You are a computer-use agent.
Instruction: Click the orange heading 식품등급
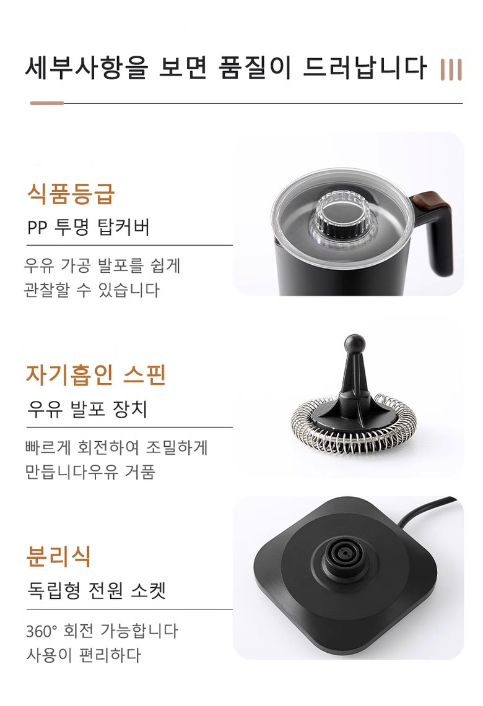click(x=71, y=194)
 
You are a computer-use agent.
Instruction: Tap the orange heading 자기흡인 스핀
click(x=95, y=375)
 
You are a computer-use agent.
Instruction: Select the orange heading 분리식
click(x=59, y=556)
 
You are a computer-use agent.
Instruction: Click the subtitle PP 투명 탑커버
click(x=89, y=227)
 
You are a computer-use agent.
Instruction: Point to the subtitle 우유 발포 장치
click(x=87, y=409)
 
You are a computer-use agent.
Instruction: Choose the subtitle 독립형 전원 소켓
click(x=97, y=590)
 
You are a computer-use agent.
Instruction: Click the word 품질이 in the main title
click(x=255, y=67)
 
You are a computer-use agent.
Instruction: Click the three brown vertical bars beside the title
click(x=451, y=70)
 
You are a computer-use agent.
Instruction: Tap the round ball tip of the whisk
click(x=355, y=344)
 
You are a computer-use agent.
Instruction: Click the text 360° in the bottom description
click(x=41, y=631)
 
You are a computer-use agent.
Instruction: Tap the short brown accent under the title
click(x=47, y=103)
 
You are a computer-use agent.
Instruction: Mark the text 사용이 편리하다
click(x=84, y=655)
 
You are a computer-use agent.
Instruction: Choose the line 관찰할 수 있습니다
click(x=92, y=290)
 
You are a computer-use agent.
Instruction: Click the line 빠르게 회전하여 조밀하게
click(x=116, y=447)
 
